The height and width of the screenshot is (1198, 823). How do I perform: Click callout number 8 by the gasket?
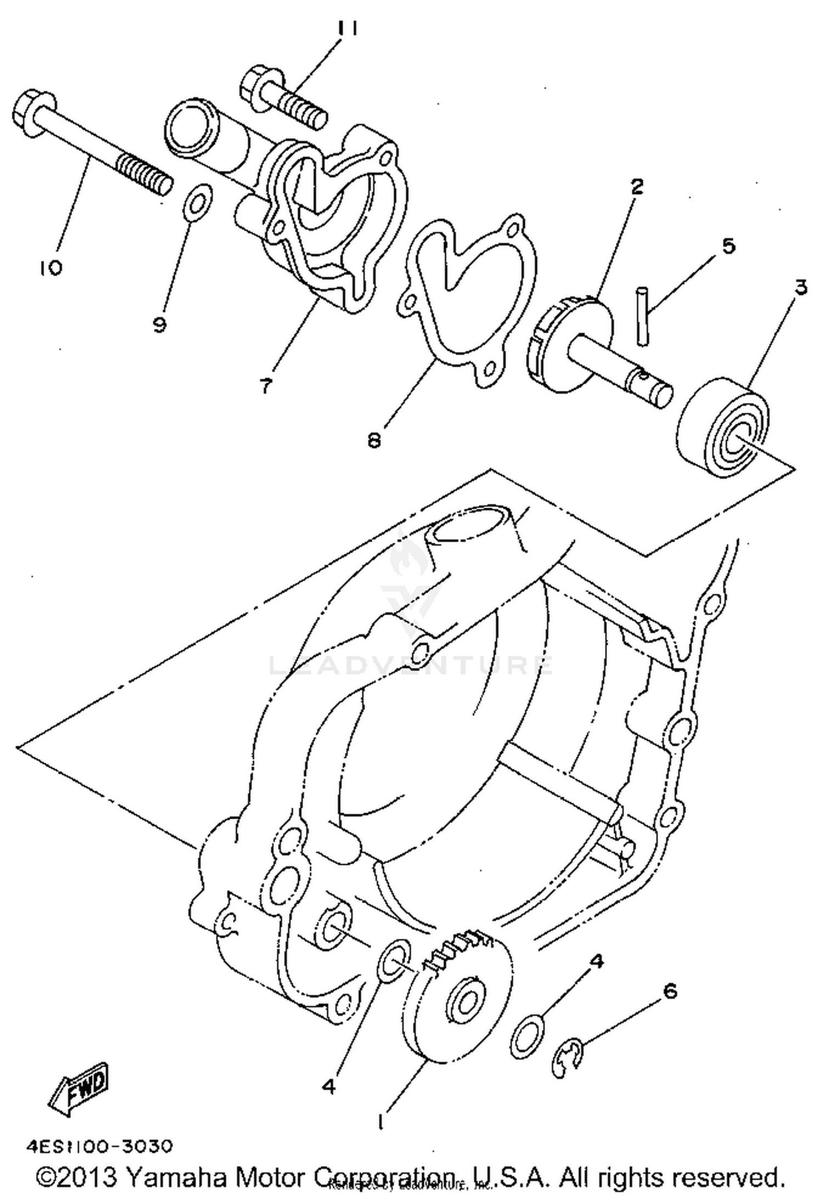375,440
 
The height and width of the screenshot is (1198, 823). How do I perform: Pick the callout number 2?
636,186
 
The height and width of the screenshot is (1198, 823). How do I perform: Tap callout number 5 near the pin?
728,246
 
